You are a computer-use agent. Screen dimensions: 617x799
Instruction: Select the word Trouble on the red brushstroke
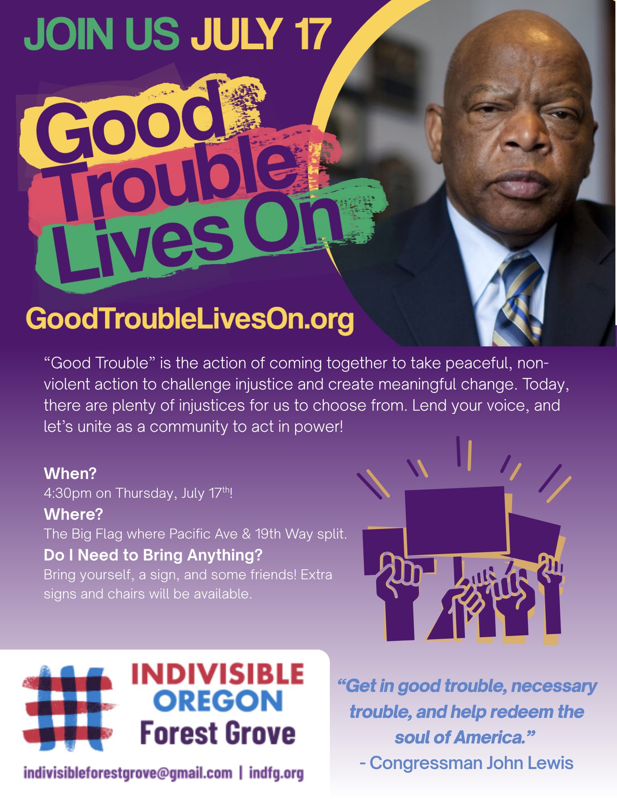[x=176, y=180]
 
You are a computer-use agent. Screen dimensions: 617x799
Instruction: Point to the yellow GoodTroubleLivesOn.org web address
[x=190, y=320]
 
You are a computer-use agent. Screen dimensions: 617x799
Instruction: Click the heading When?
[x=70, y=473]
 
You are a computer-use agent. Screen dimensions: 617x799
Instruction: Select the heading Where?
[x=73, y=514]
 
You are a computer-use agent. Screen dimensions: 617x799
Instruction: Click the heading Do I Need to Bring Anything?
[x=153, y=555]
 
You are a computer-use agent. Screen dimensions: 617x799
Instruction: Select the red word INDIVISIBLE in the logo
[x=218, y=674]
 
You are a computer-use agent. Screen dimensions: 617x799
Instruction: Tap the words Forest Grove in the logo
[x=218, y=733]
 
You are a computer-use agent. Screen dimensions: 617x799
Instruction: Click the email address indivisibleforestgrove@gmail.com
[x=128, y=773]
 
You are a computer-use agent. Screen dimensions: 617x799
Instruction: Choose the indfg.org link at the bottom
[x=276, y=773]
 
